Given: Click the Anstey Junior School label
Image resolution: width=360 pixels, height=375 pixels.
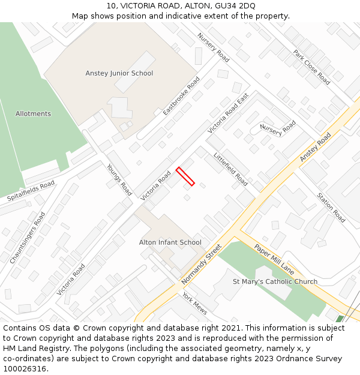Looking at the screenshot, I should pyautogui.click(x=119, y=73).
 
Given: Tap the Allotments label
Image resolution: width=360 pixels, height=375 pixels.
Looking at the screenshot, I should pyautogui.click(x=33, y=113).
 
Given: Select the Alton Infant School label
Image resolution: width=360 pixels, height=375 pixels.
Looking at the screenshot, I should pyautogui.click(x=170, y=242).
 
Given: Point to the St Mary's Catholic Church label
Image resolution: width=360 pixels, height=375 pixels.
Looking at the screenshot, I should pyautogui.click(x=275, y=281).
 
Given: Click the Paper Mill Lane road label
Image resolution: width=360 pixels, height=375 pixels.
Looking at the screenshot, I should pyautogui.click(x=274, y=257).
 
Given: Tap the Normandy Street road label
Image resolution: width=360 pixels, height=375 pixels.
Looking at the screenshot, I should pyautogui.click(x=202, y=264).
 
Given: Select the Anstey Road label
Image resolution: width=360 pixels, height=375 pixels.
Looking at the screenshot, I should pyautogui.click(x=316, y=148).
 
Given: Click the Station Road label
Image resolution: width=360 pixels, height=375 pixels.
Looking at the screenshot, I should pyautogui.click(x=331, y=208).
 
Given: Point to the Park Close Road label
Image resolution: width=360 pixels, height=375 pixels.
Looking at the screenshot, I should pyautogui.click(x=312, y=67).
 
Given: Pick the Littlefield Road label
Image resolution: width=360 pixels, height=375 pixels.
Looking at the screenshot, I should pyautogui.click(x=231, y=169).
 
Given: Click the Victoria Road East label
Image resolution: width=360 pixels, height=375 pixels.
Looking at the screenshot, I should pyautogui.click(x=228, y=113).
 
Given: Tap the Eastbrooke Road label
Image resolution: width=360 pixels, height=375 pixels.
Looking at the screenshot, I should pyautogui.click(x=181, y=96).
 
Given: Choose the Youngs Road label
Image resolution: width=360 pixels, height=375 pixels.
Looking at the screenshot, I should pyautogui.click(x=119, y=179).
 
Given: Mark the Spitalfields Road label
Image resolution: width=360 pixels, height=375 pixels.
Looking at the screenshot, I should pyautogui.click(x=31, y=190).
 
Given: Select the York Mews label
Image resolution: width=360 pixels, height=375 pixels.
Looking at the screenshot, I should pyautogui.click(x=194, y=304).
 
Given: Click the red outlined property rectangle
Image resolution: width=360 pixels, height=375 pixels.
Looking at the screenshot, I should pyautogui.click(x=185, y=176).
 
